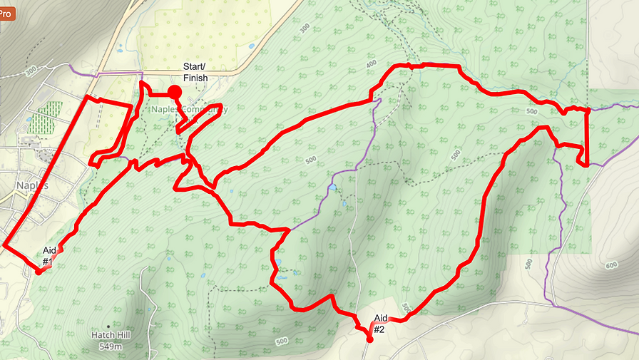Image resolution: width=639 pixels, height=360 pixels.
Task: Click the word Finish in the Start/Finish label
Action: click(x=195, y=78)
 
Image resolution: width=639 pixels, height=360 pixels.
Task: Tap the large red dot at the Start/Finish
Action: click(x=174, y=92)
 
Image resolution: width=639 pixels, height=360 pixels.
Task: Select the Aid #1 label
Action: click(x=48, y=256)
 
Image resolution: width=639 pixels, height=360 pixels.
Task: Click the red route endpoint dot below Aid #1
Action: click(x=39, y=272)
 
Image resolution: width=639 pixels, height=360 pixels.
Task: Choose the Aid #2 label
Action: click(x=380, y=324)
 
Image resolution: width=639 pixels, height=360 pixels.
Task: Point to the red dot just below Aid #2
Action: click(x=369, y=339)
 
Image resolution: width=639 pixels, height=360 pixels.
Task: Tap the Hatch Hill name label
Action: click(x=108, y=334)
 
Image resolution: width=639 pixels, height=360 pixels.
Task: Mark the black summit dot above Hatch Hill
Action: click(x=108, y=326)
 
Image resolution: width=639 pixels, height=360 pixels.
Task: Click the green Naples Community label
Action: click(x=190, y=110)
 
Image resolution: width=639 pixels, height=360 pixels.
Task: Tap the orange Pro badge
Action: click(x=6, y=12)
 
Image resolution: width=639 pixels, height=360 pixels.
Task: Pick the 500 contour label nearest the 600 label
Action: click(x=528, y=263)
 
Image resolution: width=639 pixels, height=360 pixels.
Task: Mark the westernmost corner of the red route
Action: click(x=4, y=245)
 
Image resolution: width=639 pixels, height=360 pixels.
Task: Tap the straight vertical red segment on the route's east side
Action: click(x=587, y=135)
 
